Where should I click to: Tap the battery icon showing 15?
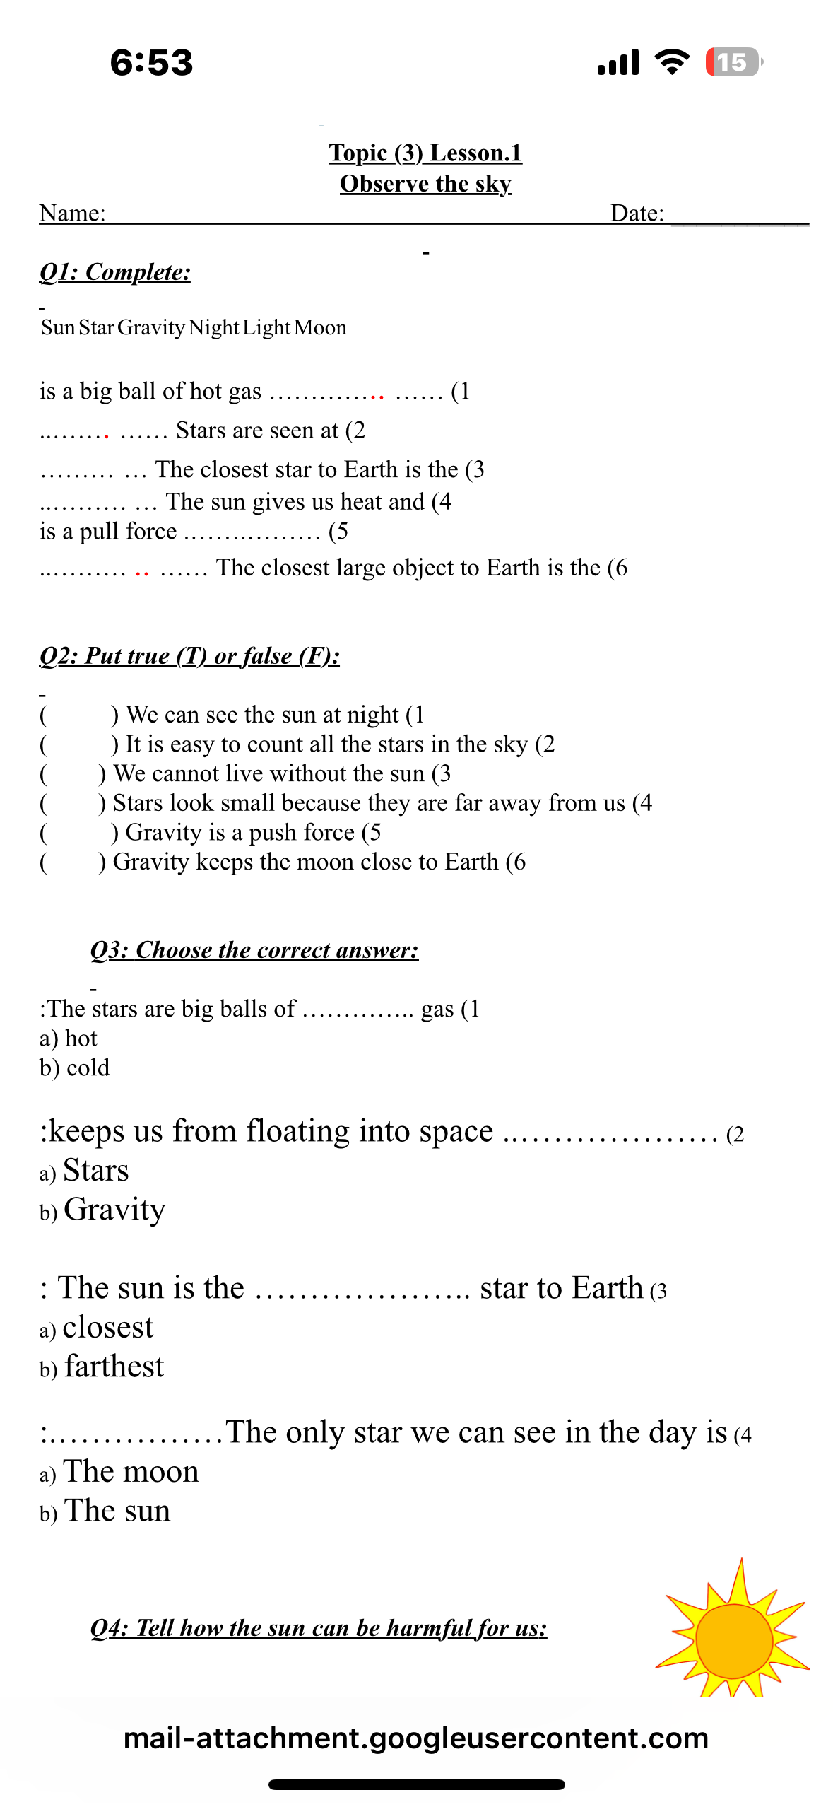point(733,62)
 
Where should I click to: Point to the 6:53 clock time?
point(151,62)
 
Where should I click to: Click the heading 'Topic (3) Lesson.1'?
point(425,153)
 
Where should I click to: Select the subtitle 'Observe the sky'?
point(425,184)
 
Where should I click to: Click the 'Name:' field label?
point(72,213)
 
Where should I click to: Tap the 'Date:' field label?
point(637,213)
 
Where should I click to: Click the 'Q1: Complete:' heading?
point(115,272)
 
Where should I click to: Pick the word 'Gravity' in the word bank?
point(151,328)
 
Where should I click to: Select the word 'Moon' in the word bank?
point(320,328)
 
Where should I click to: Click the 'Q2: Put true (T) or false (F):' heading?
point(189,656)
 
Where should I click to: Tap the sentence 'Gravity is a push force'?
point(240,833)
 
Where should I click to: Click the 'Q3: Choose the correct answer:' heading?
point(254,950)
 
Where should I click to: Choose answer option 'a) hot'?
point(69,1039)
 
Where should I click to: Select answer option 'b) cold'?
point(75,1068)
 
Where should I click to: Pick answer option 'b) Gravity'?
point(103,1210)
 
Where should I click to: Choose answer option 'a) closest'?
point(97,1328)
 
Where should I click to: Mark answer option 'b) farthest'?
point(102,1367)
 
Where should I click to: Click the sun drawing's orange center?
point(734,1640)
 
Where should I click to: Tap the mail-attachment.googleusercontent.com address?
point(416,1738)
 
